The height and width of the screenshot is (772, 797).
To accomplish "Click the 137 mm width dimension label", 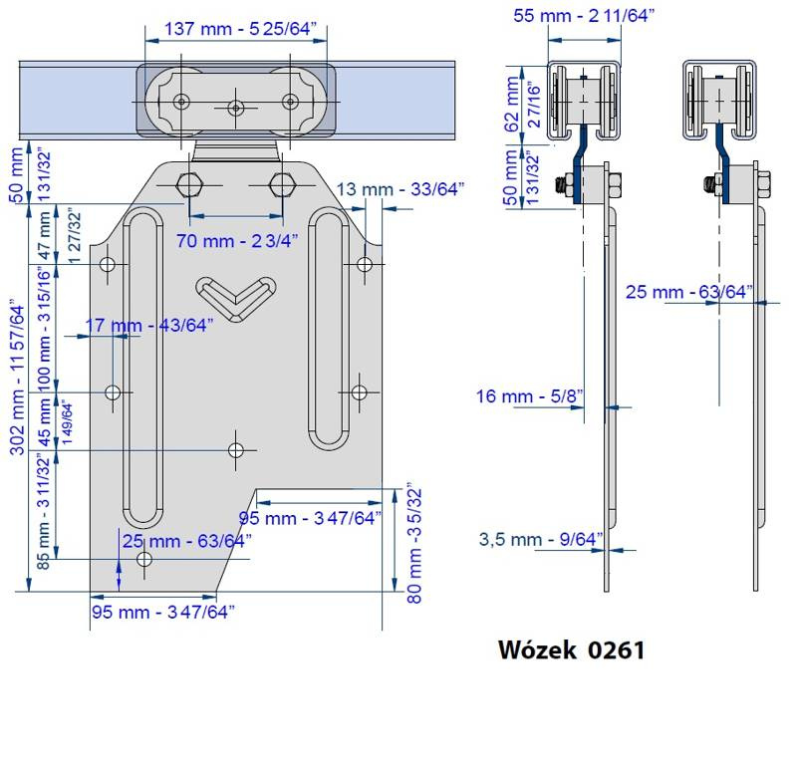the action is point(240,29).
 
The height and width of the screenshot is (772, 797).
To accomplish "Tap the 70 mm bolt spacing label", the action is point(237,240).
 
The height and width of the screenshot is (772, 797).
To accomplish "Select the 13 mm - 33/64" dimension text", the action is point(400,189).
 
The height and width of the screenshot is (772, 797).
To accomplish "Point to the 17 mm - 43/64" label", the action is point(148,326).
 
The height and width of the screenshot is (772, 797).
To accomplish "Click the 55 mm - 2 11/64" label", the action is point(584,15).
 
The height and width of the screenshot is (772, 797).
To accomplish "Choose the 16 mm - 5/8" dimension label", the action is point(529,395).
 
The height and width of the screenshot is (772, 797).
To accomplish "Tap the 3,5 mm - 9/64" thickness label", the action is point(541,539).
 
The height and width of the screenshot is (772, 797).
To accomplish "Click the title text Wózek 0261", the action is point(571,650).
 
